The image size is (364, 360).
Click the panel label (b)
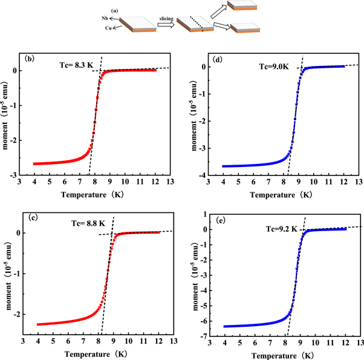(x=31, y=60)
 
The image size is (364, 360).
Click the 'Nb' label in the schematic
(x=106, y=18)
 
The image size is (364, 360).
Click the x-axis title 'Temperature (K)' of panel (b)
(x=100, y=195)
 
